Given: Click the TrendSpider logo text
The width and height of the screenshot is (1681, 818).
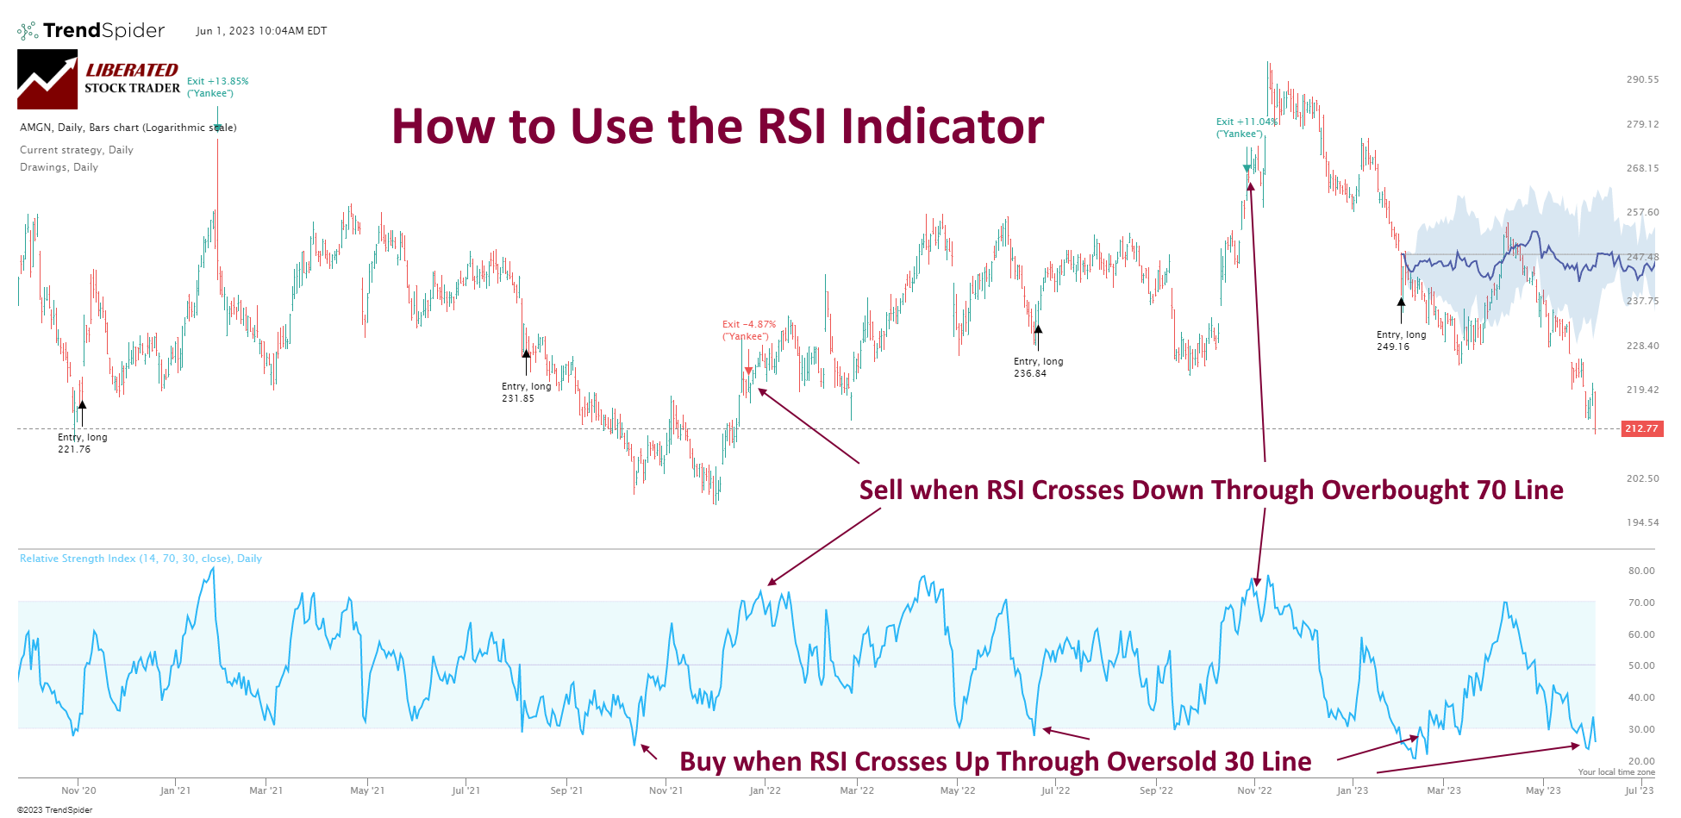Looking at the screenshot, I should coord(103,31).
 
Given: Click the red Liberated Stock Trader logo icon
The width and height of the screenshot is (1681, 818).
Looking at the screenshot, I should coord(47,79).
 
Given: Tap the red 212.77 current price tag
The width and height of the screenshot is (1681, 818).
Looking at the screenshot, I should coord(1641,428).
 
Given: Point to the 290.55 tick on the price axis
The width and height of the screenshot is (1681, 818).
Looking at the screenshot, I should coord(1641,79).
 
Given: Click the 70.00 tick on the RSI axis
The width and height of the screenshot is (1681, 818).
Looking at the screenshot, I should coord(1640,603).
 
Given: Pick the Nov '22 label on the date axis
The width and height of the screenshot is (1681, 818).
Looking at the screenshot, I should coord(1253,790).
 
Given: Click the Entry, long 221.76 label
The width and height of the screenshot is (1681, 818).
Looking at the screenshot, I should coord(82,443).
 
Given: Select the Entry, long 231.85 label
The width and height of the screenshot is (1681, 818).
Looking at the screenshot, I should coord(526,392).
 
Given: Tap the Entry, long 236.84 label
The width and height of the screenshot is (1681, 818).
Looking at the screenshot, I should coord(1038,367).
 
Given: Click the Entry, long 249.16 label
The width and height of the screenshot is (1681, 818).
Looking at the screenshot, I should coord(1401,340).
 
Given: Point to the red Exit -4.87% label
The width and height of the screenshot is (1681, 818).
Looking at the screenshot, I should coord(748,330).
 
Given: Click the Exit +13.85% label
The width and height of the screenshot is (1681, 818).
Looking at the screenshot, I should coord(217,87).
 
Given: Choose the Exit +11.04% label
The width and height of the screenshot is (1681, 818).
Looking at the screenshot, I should coord(1246,128).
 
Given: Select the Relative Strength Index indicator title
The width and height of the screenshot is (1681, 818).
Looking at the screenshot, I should coord(141,559).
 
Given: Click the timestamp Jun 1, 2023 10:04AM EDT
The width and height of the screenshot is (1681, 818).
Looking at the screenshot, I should coord(261,31).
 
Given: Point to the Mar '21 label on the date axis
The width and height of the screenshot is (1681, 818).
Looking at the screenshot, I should coord(266,790).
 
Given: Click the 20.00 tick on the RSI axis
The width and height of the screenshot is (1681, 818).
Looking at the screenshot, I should coord(1640,761).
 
